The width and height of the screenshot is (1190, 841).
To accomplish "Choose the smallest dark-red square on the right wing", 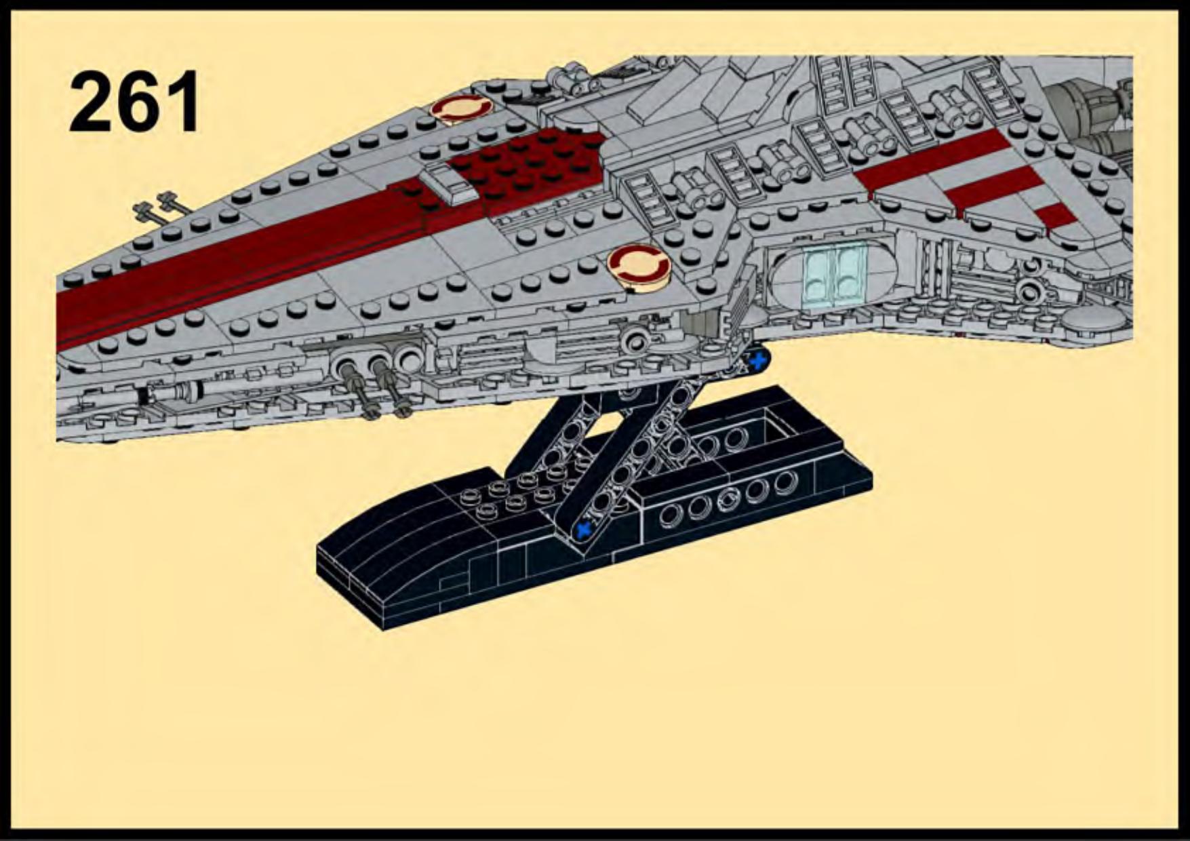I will [x=1054, y=215].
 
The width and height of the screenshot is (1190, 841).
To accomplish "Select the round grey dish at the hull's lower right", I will [x=1093, y=319].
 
